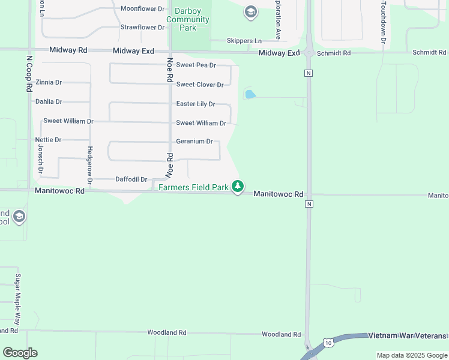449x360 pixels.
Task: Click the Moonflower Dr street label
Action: pos(142,9)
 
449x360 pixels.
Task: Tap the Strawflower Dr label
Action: pos(142,28)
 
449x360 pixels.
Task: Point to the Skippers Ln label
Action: pos(244,41)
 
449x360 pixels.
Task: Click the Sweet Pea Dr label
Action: pos(196,65)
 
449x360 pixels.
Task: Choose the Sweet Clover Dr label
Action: pos(200,85)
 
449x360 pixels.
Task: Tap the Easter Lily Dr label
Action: pos(196,104)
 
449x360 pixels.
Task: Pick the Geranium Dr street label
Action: pos(194,142)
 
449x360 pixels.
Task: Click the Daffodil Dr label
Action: pos(131,179)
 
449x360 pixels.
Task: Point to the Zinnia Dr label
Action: pos(49,82)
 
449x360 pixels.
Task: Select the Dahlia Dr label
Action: pos(49,102)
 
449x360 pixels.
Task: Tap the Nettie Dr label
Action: pos(49,140)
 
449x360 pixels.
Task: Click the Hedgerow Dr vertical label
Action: pos(90,165)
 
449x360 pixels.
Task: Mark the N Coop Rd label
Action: pos(29,74)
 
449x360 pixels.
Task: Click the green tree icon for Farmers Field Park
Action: pos(238,187)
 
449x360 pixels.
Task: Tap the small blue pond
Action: pos(250,94)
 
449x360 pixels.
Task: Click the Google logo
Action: pos(20,353)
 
